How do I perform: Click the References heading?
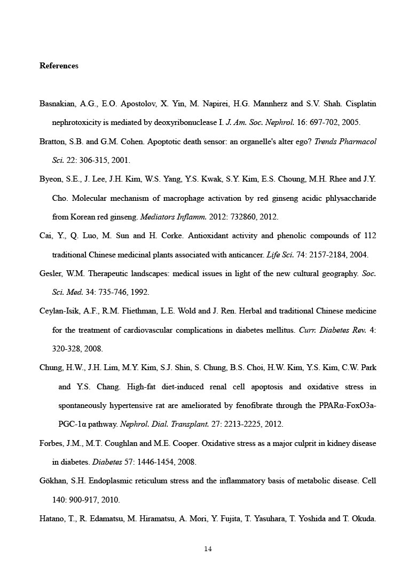[x=59, y=66]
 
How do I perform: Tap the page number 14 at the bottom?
[x=208, y=548]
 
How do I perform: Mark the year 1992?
[x=140, y=292]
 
